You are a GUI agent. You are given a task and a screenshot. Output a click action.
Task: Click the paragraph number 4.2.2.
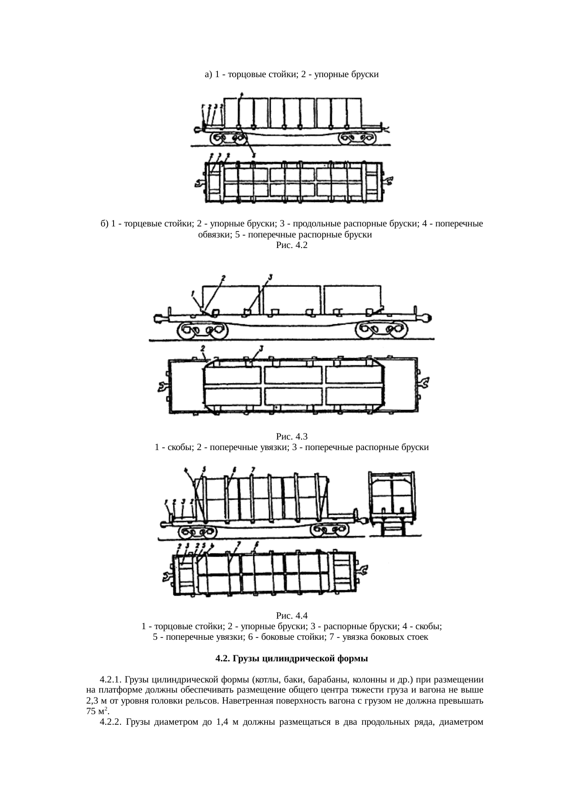coord(110,722)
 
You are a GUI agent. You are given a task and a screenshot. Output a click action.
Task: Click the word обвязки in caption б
coord(212,235)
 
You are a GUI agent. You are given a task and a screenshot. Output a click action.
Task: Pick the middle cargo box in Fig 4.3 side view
coord(292,299)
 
